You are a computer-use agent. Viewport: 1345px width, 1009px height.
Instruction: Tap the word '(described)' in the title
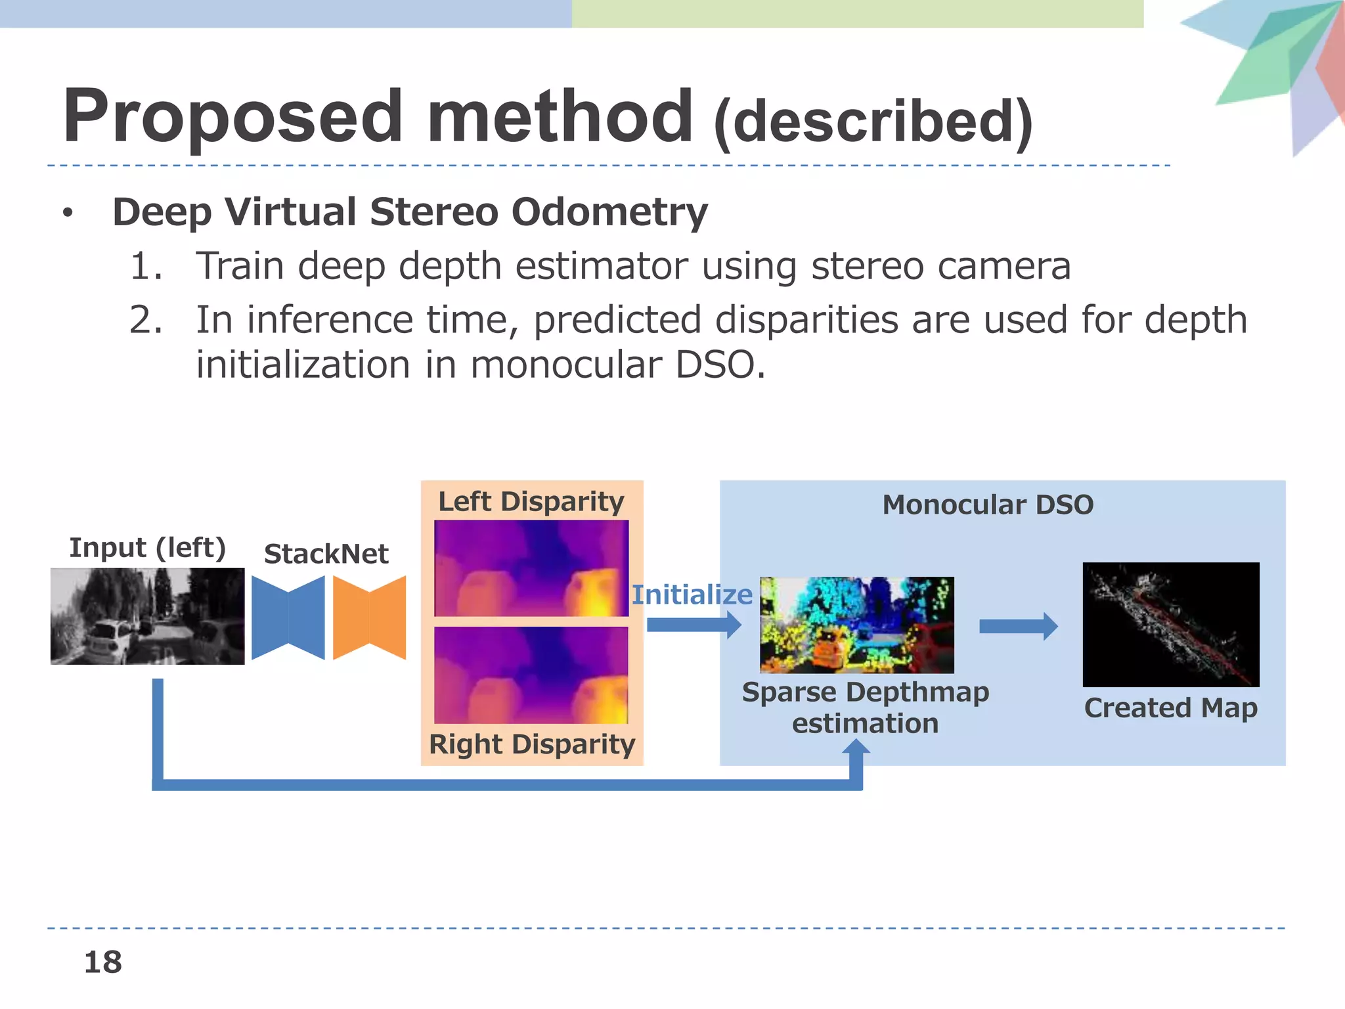[873, 123]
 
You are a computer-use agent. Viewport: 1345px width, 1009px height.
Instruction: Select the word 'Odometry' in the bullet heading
[609, 213]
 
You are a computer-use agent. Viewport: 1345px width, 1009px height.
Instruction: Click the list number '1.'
[146, 267]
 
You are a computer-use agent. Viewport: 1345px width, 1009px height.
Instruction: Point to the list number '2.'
[146, 321]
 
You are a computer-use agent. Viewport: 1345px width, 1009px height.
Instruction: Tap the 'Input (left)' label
[148, 548]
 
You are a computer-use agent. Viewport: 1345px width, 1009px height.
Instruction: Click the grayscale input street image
[148, 616]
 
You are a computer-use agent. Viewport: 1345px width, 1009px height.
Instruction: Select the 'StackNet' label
[326, 554]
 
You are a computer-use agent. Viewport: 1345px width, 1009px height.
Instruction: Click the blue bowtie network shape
[288, 617]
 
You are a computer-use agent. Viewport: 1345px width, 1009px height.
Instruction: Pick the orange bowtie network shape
[370, 617]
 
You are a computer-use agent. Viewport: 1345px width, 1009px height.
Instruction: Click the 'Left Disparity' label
[531, 502]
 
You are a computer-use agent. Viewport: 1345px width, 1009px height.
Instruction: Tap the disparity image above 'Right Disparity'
[531, 675]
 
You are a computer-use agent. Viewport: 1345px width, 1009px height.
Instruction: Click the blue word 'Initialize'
[692, 594]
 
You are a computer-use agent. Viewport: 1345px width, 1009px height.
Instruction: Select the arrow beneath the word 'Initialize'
[694, 625]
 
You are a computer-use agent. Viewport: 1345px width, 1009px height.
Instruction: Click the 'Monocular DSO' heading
[988, 505]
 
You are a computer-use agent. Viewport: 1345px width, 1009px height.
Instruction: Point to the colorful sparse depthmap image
[856, 625]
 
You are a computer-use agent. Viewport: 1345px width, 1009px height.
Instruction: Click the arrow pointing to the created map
[1018, 626]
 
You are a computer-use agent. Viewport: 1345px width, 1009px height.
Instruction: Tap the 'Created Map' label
[1170, 708]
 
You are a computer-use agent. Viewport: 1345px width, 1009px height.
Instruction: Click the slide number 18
[103, 962]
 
